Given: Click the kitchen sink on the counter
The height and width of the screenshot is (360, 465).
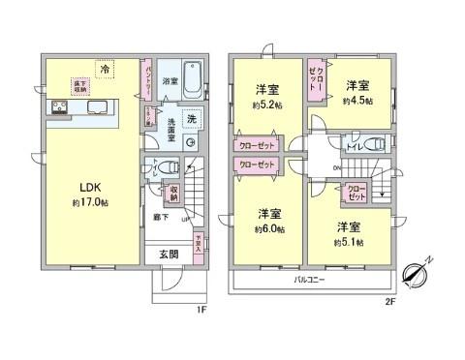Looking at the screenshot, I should click(99, 107).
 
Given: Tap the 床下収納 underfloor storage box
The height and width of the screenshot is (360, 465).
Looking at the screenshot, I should click(78, 87).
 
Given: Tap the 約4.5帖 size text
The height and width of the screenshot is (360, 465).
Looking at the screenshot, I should click(363, 97).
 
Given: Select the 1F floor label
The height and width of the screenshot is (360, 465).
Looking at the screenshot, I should click(201, 310).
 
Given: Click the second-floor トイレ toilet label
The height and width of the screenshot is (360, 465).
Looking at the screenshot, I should click(355, 149).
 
